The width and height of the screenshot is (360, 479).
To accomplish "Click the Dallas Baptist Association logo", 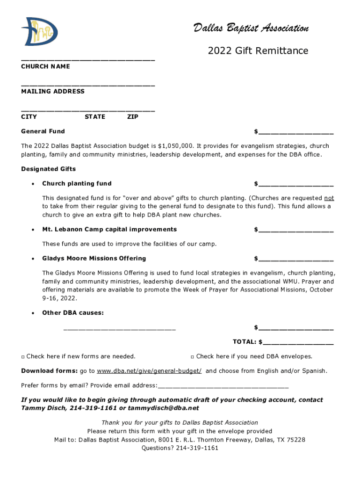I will pyautogui.click(x=39, y=32).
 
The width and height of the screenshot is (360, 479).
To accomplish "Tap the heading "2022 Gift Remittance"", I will pyautogui.click(x=258, y=51).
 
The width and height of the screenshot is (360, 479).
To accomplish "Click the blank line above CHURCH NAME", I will pyautogui.click(x=88, y=60).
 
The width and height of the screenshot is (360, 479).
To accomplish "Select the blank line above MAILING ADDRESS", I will pyautogui.click(x=88, y=85).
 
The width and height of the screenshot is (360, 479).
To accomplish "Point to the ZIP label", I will pyautogui.click(x=133, y=117).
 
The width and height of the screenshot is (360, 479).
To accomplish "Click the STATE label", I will pyautogui.click(x=95, y=117).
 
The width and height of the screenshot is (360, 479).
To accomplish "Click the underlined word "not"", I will pyautogui.click(x=329, y=198).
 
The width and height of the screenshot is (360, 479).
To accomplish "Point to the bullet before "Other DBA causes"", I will pyautogui.click(x=32, y=313).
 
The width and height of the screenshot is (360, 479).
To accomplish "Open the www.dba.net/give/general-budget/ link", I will pyautogui.click(x=149, y=371).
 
